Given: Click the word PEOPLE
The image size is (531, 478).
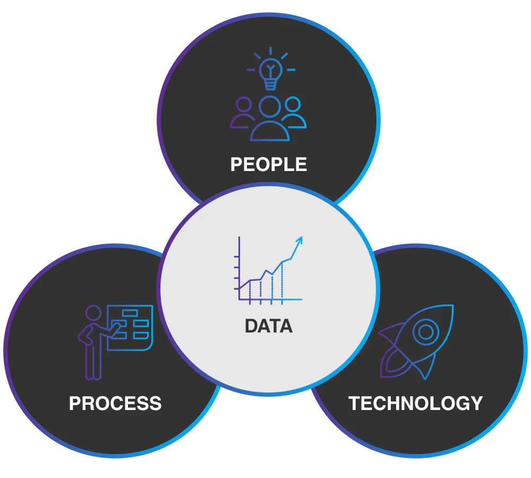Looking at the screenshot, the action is [269, 164].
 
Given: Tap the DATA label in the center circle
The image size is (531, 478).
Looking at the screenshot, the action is [269, 326].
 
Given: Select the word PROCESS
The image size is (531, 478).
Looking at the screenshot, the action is [115, 403].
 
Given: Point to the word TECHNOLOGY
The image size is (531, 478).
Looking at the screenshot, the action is [416, 403].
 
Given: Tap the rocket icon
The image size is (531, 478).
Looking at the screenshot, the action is [416, 342].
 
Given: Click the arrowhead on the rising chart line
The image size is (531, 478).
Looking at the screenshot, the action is [299, 240].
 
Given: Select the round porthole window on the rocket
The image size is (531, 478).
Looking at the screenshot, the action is [426, 332].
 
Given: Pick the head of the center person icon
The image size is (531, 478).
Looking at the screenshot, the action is [270, 107].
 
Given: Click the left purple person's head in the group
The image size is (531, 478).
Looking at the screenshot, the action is [244, 104].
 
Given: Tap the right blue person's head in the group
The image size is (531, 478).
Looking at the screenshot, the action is [293, 104].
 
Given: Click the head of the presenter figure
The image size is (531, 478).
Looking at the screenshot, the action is [93, 313].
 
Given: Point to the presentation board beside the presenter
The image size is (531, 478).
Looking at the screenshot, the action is [130, 328].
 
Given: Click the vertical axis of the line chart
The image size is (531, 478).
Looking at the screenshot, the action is [239, 268].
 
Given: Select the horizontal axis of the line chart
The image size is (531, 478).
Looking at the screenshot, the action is [271, 299].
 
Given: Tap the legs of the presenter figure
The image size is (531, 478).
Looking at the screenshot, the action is [93, 362].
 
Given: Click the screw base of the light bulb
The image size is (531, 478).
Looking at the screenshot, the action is [271, 84].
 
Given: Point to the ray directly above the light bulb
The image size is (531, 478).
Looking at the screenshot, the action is [271, 51].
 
